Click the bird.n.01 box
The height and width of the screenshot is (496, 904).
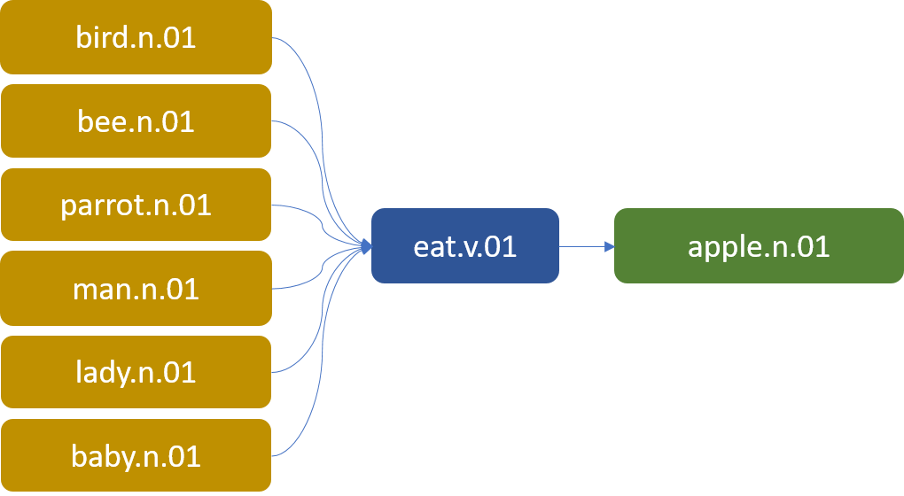(136, 37)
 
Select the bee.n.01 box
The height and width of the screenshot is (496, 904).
(136, 120)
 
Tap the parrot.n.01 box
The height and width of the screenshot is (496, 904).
(136, 205)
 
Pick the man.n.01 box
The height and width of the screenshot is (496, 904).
(136, 288)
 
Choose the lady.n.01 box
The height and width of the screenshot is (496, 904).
(136, 372)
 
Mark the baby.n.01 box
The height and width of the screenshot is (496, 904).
(136, 455)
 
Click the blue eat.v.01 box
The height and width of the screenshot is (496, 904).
(464, 245)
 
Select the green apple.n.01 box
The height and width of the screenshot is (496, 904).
(759, 245)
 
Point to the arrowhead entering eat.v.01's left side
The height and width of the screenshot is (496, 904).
(365, 246)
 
